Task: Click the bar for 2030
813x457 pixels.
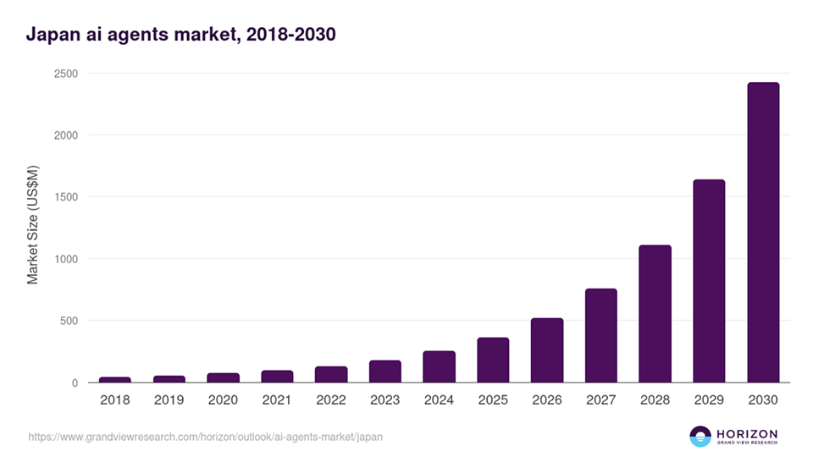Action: [762, 233]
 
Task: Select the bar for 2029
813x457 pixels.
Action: [709, 281]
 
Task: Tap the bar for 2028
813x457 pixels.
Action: [655, 314]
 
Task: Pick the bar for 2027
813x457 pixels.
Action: [600, 336]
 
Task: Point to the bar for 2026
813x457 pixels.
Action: [547, 350]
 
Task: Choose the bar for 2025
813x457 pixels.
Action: [493, 361]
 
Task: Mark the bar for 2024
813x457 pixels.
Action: [439, 367]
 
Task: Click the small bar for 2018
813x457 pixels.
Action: [115, 379]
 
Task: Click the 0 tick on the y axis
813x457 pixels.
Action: [75, 383]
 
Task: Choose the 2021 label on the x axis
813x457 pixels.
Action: [277, 399]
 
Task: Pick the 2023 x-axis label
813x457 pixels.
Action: [384, 399]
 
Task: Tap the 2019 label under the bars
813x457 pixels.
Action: [169, 399]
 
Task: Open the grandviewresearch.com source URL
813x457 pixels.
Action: [205, 438]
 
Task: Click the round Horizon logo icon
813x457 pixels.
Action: [700, 437]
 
